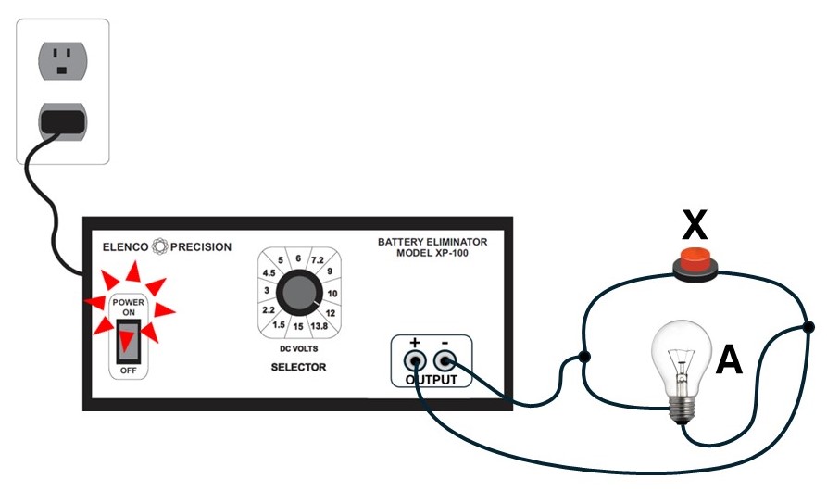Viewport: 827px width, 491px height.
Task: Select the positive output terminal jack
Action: point(415,362)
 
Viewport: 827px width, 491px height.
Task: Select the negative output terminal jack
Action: point(445,362)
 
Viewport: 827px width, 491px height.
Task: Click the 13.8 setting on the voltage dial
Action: point(320,326)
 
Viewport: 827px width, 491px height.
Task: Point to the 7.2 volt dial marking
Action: point(317,260)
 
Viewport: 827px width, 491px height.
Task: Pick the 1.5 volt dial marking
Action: point(279,325)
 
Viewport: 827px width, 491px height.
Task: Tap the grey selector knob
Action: point(299,293)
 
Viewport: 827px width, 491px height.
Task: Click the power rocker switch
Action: point(128,341)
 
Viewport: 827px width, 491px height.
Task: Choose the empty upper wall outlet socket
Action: point(63,60)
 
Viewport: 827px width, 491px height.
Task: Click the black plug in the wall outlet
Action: point(63,121)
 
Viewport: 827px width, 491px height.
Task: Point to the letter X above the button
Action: point(695,225)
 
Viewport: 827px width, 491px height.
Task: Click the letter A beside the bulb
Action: point(729,359)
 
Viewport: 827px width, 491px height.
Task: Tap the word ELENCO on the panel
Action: point(126,246)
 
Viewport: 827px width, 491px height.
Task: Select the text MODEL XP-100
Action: point(432,253)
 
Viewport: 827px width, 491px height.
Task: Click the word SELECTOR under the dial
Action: point(298,367)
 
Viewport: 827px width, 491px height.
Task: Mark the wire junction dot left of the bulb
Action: point(583,357)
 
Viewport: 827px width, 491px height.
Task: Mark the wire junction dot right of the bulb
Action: point(808,327)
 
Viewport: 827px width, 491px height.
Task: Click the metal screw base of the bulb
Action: point(682,409)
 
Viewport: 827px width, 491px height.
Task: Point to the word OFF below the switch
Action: point(128,371)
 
